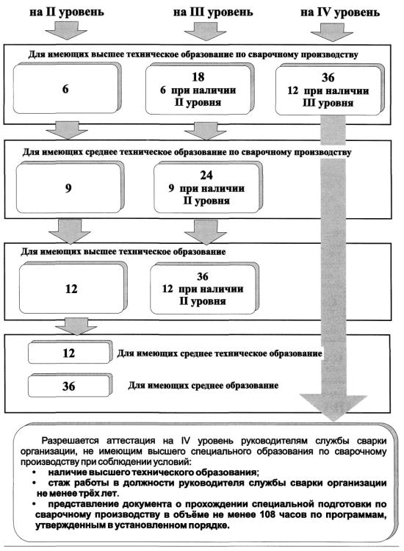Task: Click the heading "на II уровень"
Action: (67, 12)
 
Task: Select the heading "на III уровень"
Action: (213, 12)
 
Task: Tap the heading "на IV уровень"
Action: (339, 12)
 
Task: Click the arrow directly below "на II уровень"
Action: (65, 30)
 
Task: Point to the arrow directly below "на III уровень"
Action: (205, 32)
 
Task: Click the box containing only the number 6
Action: (66, 88)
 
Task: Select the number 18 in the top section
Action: (198, 76)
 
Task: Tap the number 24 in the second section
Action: (206, 175)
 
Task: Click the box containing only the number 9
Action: (69, 188)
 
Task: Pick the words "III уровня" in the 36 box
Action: (328, 104)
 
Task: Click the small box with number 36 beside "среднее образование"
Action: (70, 386)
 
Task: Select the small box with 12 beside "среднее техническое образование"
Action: (70, 353)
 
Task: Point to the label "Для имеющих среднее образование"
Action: (203, 386)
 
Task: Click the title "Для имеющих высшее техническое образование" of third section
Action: (123, 252)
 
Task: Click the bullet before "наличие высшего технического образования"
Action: (34, 472)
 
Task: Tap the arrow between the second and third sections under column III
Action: (206, 232)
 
